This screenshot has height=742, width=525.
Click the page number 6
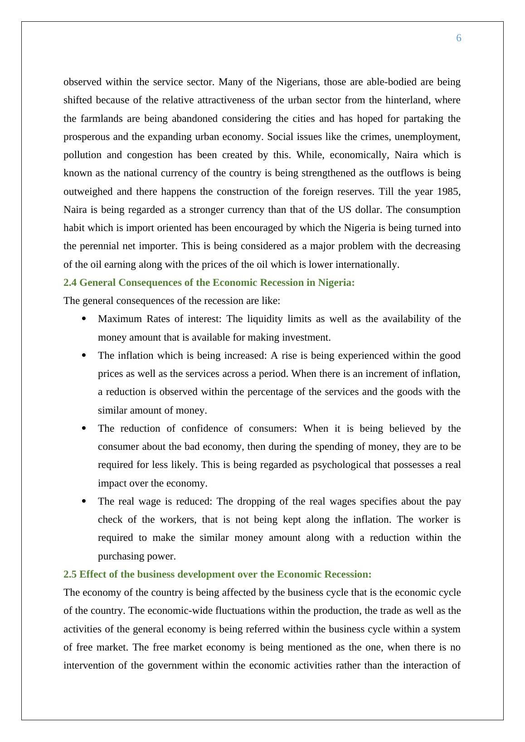[x=458, y=38]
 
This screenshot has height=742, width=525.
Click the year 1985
[x=449, y=191]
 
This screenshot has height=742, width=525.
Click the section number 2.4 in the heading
[x=70, y=283]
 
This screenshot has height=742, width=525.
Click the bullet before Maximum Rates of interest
[x=84, y=319]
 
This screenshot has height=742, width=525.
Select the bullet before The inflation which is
[x=84, y=356]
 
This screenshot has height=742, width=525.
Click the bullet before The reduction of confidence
[x=84, y=429]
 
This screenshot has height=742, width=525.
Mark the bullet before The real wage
[x=84, y=501]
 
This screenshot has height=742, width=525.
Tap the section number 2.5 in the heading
[x=70, y=574]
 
